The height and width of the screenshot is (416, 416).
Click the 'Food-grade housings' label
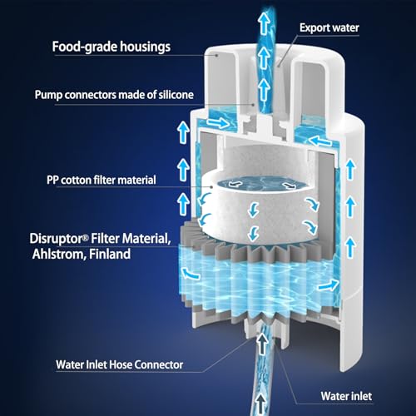tap(111, 47)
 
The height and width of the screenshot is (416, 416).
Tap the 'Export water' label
tap(329, 27)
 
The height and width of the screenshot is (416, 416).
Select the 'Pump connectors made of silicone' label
tap(114, 95)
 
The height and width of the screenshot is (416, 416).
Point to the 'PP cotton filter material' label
tap(102, 180)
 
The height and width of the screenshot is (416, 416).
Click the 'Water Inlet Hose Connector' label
tap(120, 364)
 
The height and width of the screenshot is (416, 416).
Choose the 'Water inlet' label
tap(346, 396)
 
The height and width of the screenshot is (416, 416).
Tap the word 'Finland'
tap(110, 254)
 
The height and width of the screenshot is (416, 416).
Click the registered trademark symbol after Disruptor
tap(86, 237)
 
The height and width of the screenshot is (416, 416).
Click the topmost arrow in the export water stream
tap(263, 24)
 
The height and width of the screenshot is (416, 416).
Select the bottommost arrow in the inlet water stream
tap(260, 404)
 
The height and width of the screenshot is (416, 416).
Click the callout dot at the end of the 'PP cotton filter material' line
tap(211, 187)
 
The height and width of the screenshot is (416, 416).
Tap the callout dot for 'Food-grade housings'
tap(217, 55)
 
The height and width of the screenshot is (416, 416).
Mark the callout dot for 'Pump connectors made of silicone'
tap(253, 105)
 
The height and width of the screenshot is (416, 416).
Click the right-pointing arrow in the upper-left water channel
tap(218, 122)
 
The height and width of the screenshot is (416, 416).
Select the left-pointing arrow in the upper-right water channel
tap(320, 141)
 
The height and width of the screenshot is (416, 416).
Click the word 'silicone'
tap(176, 95)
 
